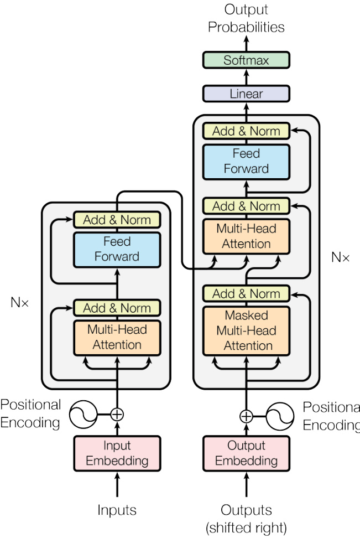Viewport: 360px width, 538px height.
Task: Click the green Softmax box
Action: pyautogui.click(x=246, y=60)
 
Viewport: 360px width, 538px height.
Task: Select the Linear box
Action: pyautogui.click(x=246, y=94)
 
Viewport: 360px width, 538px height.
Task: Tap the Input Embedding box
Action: pyautogui.click(x=117, y=453)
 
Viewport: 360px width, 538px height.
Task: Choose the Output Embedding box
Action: pyautogui.click(x=246, y=453)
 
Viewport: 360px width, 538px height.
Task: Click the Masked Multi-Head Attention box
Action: pyautogui.click(x=246, y=330)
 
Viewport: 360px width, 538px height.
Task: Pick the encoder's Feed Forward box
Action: pyautogui.click(x=117, y=249)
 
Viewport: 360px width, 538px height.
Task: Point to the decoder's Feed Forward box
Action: pyautogui.click(x=246, y=161)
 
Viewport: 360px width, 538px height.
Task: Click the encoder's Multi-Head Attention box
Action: pyautogui.click(x=117, y=337)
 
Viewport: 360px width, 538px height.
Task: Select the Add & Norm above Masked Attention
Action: pyautogui.click(x=246, y=293)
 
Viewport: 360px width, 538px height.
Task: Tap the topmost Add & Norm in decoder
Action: pyautogui.click(x=246, y=131)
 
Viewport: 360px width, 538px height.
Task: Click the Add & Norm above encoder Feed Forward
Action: pyautogui.click(x=117, y=220)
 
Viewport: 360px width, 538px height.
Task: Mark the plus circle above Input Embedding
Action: pyautogui.click(x=117, y=414)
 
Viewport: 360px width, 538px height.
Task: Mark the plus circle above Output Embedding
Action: pyautogui.click(x=246, y=416)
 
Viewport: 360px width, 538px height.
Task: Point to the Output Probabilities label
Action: pyautogui.click(x=246, y=18)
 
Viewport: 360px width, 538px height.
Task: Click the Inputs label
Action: pyautogui.click(x=117, y=510)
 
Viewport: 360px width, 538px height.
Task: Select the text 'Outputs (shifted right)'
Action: pyautogui.click(x=246, y=518)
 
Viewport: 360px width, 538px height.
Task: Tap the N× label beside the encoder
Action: pyautogui.click(x=20, y=303)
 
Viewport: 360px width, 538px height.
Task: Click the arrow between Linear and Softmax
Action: pyautogui.click(x=246, y=77)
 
